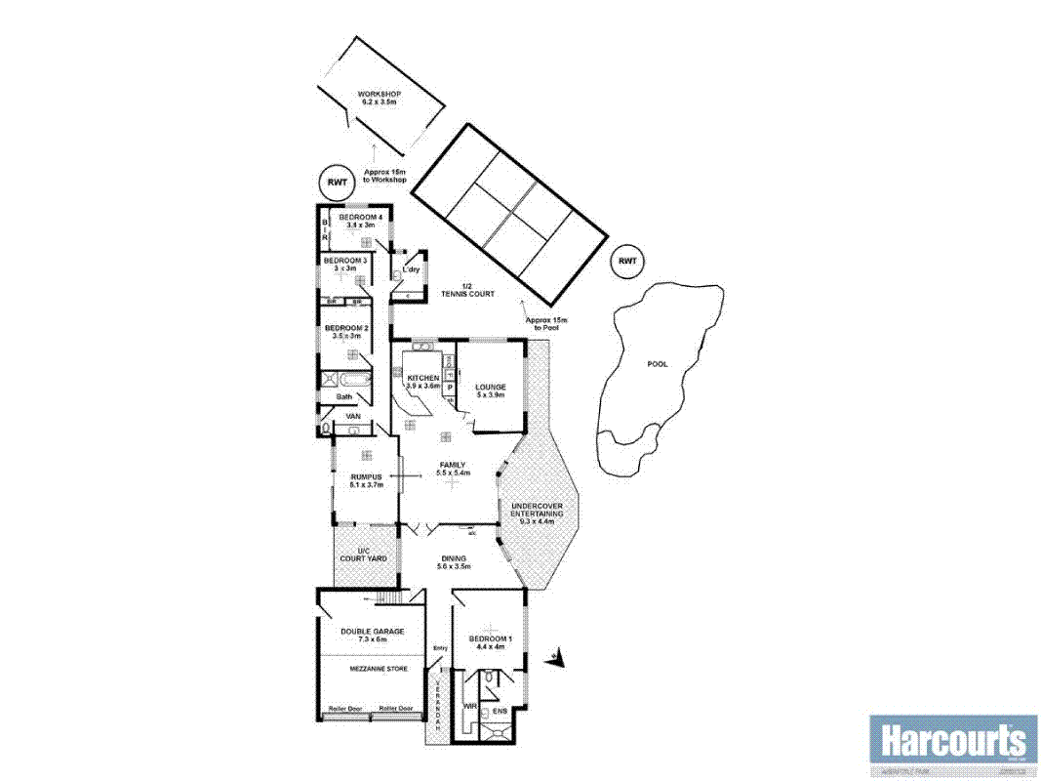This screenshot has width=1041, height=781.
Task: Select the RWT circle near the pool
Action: [626, 262]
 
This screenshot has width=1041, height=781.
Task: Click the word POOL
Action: [658, 364]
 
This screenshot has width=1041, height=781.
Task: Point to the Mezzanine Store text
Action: [373, 669]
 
